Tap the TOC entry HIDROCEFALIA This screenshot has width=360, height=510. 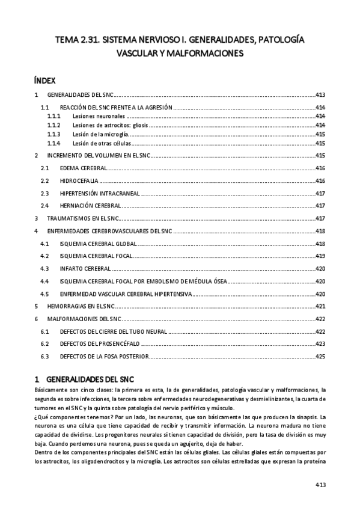[79, 181]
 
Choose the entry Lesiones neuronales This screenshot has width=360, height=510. [99, 115]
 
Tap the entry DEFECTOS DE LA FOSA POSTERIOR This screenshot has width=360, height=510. [104, 357]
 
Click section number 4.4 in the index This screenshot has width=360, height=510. [44, 281]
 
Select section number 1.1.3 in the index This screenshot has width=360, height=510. [54, 134]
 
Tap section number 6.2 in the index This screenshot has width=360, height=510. [44, 344]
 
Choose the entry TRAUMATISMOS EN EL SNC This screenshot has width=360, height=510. [81, 218]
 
